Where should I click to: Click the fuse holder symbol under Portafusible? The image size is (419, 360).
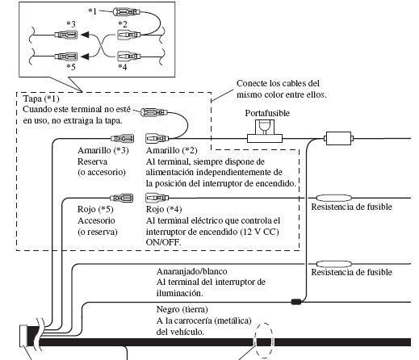pos(265,132)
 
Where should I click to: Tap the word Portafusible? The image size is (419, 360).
pos(267,113)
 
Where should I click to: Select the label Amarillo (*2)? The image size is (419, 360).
pos(171,150)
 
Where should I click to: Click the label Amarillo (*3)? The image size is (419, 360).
pos(103,150)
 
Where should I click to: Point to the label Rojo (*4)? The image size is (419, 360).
pos(164,209)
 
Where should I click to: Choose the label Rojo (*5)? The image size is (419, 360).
pos(95,209)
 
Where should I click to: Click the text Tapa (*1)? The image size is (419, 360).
pos(41,98)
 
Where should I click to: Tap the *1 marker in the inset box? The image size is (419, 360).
pos(92,11)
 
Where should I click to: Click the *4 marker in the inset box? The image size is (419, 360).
pos(123,67)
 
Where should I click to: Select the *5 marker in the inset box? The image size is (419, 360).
pos(71,66)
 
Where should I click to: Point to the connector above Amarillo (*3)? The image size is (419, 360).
pos(123,139)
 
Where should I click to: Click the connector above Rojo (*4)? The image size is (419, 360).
pos(157,198)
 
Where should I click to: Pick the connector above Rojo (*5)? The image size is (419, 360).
pos(122,199)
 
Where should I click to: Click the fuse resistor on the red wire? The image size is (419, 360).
pos(333,198)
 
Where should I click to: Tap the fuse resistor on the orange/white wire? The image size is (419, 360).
pos(333,264)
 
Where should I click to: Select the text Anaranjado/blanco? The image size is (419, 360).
pos(191,271)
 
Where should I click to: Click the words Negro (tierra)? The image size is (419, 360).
pos(182,309)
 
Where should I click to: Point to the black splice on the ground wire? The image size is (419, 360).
pos(295,302)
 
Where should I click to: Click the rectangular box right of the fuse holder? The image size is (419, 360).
pos(338,138)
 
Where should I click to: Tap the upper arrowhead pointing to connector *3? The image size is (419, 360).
pos(85,35)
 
